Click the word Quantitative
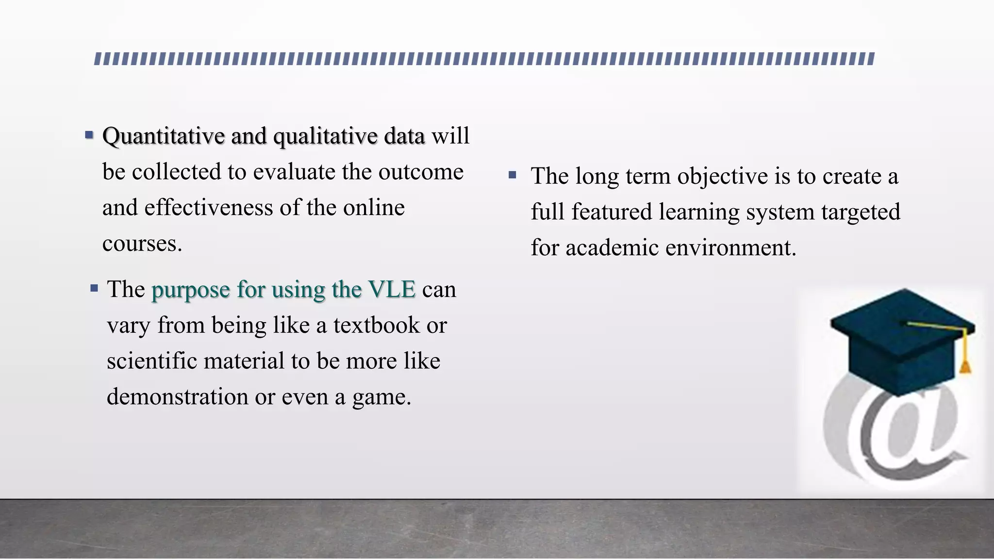pyautogui.click(x=164, y=136)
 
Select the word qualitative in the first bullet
pyautogui.click(x=325, y=136)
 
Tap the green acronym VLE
pyautogui.click(x=392, y=290)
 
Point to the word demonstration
pyautogui.click(x=178, y=397)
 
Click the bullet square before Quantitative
pyautogui.click(x=89, y=134)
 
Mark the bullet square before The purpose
pyautogui.click(x=94, y=289)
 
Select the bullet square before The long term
pyautogui.click(x=513, y=175)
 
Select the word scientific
pyautogui.click(x=151, y=362)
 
